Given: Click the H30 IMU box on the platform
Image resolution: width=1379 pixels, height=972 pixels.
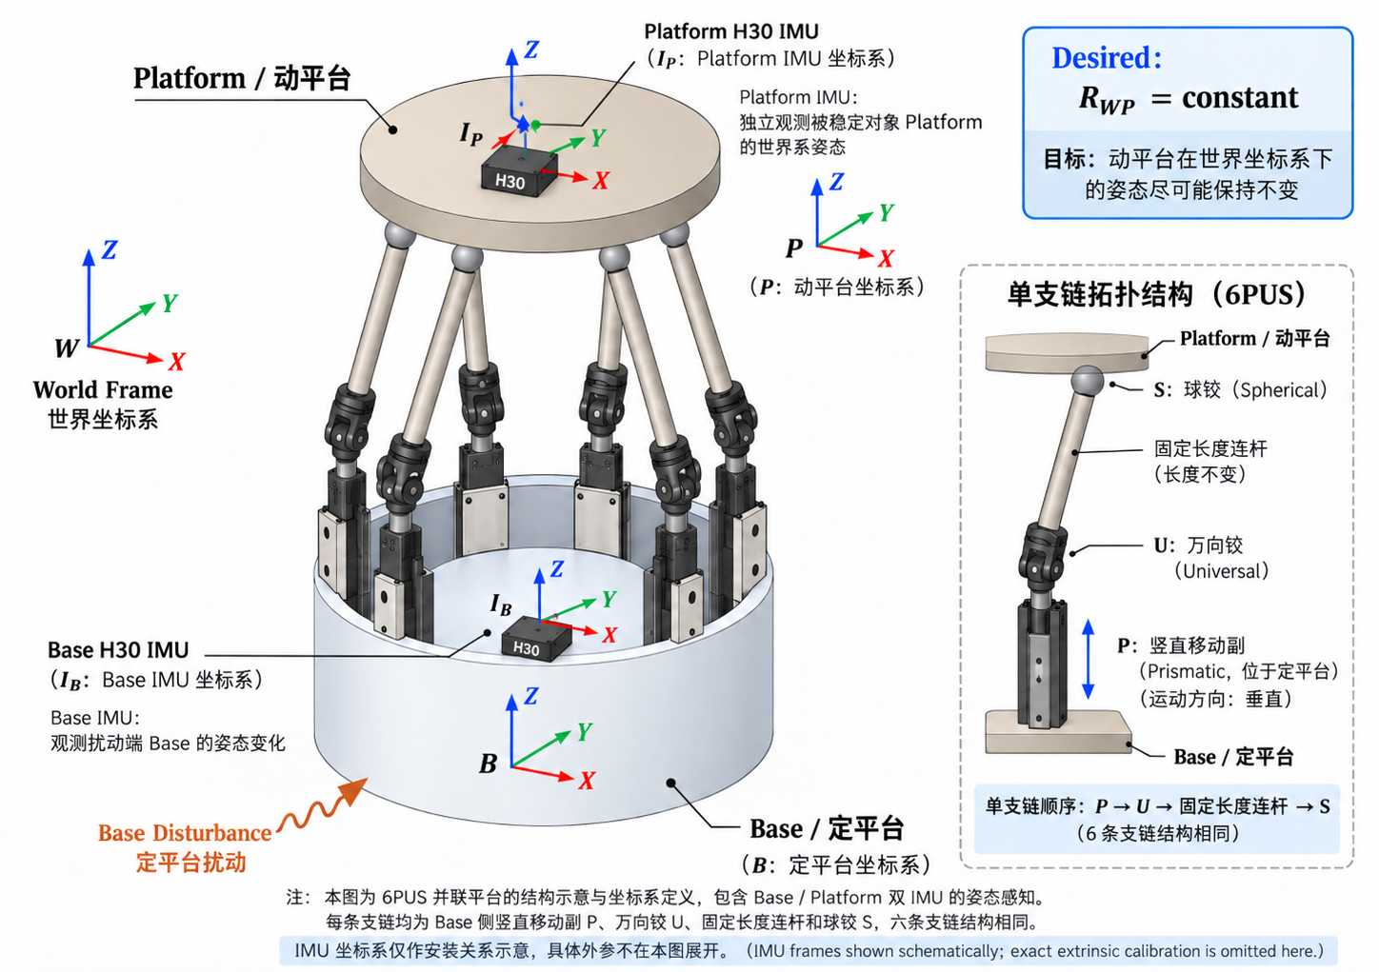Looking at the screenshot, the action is pos(518,171).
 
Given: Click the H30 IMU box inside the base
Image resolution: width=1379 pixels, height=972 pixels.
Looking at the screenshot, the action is pos(535,639).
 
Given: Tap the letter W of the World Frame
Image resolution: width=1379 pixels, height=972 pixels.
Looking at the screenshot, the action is pos(67,348).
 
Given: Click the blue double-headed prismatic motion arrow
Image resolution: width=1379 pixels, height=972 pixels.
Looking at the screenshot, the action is pos(1088,660).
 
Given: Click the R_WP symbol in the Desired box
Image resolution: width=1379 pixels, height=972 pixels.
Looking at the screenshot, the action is pos(1107,99).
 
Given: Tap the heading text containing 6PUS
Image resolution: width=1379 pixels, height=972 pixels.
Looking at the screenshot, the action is pos(1156,294).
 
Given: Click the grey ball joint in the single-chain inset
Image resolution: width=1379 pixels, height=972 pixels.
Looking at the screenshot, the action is pos(1088,382).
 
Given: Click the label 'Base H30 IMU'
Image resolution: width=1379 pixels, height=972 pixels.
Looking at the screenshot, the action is pos(118,650).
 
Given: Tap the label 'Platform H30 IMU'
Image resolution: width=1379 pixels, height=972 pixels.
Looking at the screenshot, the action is pos(731,31).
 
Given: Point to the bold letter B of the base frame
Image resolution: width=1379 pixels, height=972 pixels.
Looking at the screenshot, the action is pos(489,764).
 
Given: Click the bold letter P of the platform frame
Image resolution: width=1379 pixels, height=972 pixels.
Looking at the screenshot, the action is pos(794,248).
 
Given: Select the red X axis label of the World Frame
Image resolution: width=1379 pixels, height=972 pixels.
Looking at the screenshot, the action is pos(177,362).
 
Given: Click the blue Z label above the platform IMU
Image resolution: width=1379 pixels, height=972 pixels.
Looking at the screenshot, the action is pos(531,50).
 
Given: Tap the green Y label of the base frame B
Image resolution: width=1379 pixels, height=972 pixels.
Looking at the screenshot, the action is pos(584,732).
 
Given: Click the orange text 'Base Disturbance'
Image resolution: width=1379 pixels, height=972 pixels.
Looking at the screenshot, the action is pos(185,833).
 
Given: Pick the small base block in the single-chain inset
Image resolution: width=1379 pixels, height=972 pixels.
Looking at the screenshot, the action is pos(1058,732).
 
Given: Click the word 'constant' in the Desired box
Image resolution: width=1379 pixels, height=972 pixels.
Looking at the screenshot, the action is pos(1240,97).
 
